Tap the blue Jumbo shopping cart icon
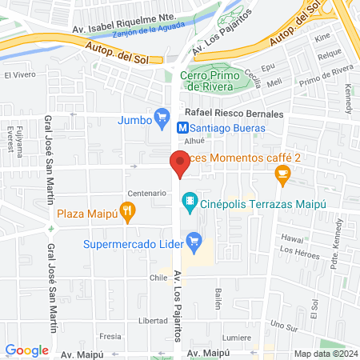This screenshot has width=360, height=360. coord(162,120)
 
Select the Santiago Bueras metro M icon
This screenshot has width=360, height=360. coord(183,126)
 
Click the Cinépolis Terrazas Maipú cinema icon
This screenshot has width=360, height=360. coord(190,200)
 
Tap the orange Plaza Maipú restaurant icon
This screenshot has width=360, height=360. coord(127,212)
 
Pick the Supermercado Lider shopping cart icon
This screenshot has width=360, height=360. coord(193,239)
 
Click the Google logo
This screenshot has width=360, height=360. coord(26,350)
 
